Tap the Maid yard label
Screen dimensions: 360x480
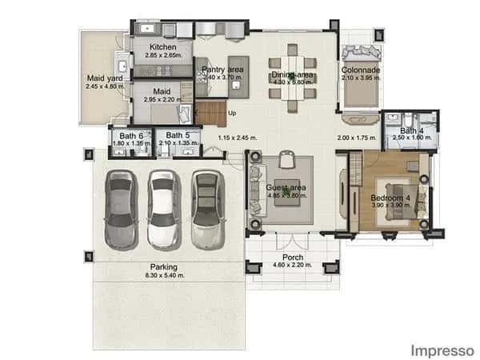(x=102, y=78)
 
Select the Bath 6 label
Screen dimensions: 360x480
(x=131, y=135)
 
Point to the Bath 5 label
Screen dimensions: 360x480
(x=178, y=135)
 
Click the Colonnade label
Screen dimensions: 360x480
(x=361, y=70)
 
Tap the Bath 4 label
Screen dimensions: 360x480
(x=411, y=130)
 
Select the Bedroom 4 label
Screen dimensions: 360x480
(x=390, y=197)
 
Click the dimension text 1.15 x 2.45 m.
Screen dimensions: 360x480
(x=238, y=138)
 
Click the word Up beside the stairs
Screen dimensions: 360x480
(x=232, y=113)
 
